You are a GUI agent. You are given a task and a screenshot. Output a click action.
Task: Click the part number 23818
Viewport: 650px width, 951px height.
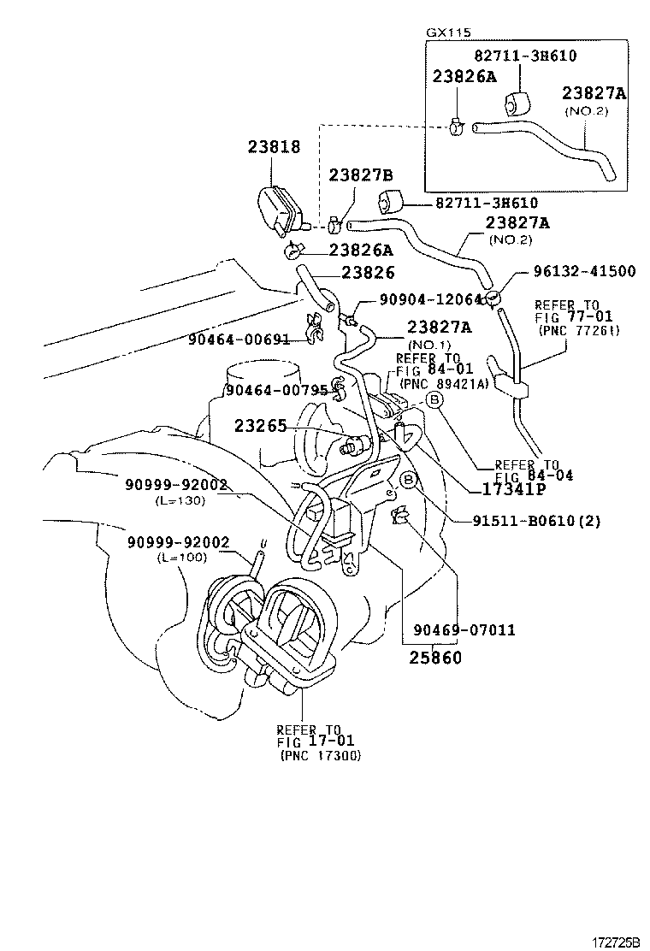pos(274,147)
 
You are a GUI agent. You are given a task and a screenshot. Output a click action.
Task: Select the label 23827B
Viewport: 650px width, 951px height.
pos(360,175)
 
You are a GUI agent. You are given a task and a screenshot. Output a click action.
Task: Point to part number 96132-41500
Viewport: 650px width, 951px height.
pos(574,272)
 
